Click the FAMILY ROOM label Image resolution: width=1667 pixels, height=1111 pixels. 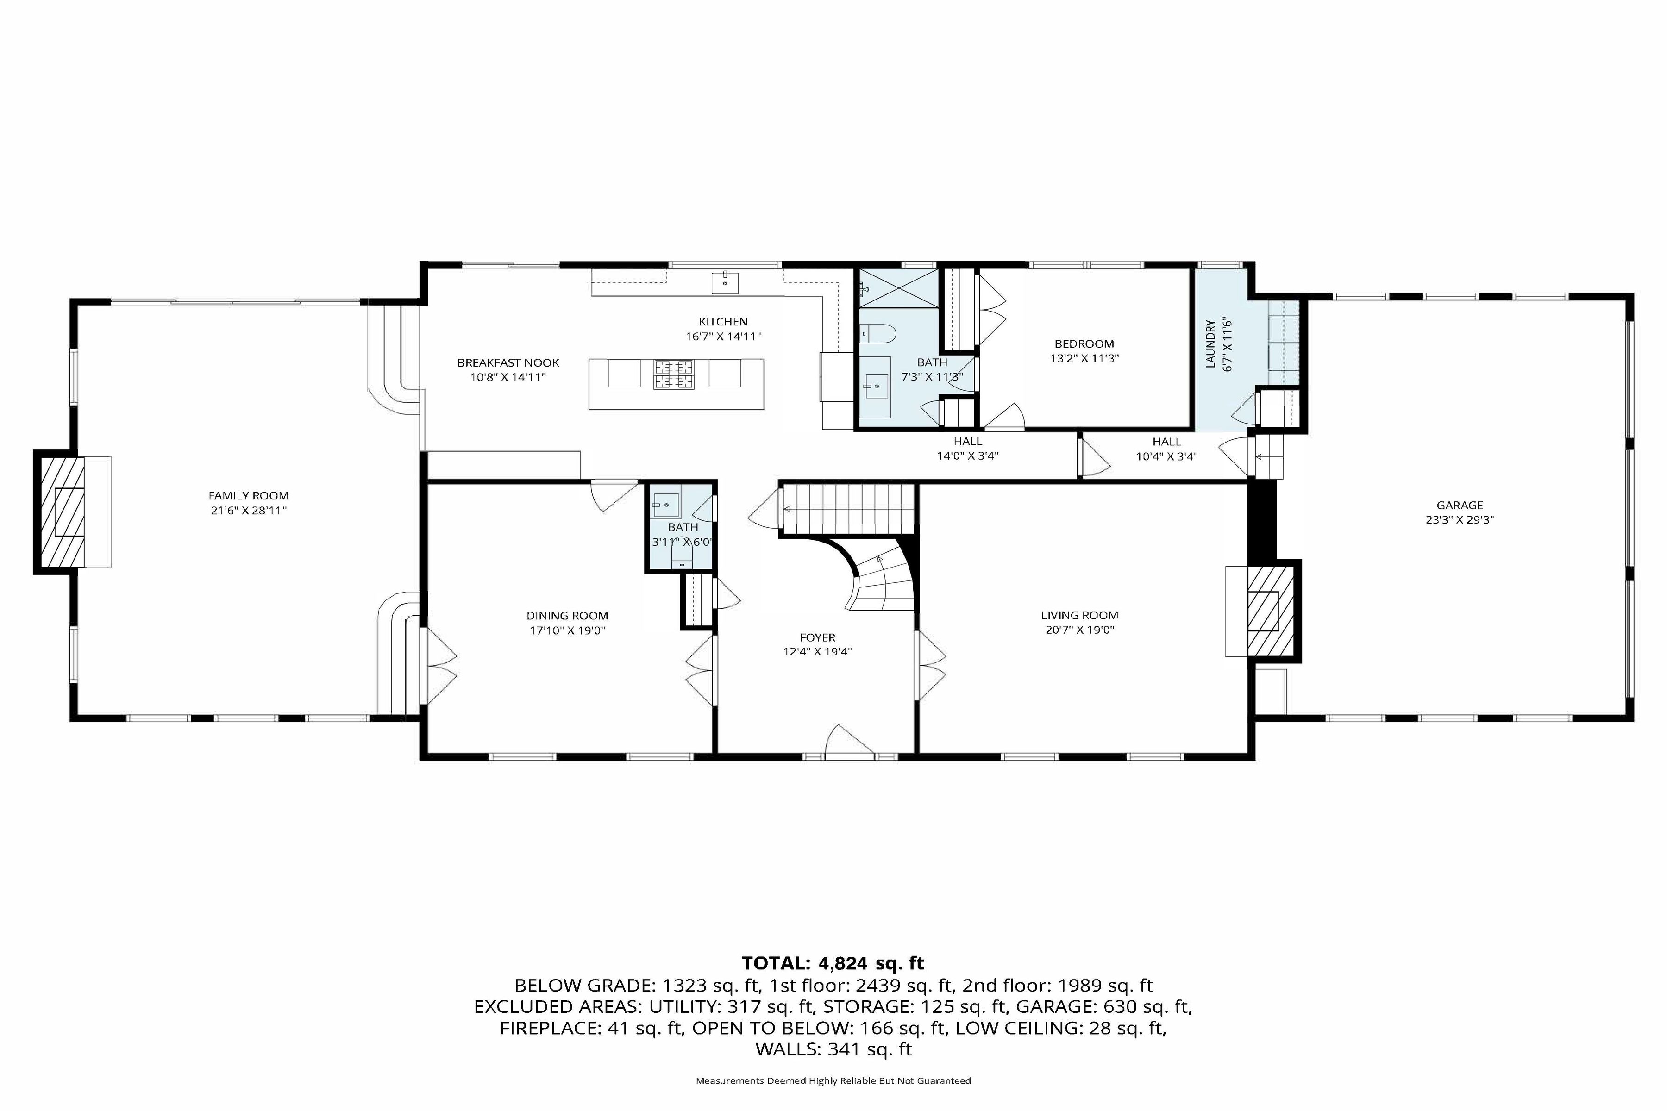(248, 496)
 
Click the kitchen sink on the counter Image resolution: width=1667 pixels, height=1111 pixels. (725, 282)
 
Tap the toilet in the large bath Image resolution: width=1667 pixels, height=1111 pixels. (878, 333)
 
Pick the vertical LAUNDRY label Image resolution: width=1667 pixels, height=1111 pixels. (1210, 345)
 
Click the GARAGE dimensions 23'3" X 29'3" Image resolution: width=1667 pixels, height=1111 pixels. (1460, 519)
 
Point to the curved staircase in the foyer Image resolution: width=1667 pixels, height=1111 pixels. (879, 577)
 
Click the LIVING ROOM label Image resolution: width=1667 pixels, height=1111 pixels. (1079, 616)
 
